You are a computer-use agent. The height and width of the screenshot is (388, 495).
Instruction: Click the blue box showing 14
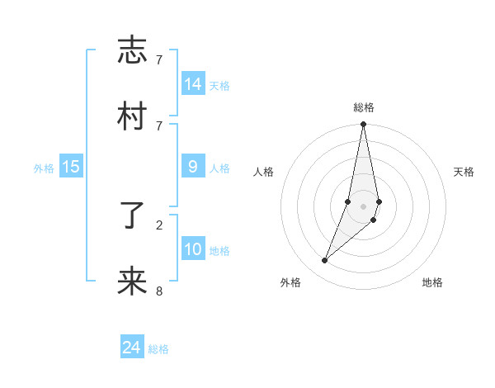pos(193,84)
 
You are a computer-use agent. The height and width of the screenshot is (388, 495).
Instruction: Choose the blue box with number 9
pos(193,167)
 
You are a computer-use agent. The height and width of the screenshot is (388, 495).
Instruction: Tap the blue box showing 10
pos(193,249)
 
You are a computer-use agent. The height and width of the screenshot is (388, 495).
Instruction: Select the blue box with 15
pos(71,167)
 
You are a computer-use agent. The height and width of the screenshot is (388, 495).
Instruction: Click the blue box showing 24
pos(132,348)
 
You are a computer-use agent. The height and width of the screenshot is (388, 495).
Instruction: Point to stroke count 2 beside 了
pos(159,224)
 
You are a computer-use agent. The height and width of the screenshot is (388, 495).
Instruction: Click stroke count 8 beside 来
pos(159,291)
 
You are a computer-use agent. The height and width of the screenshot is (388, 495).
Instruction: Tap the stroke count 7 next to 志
pos(159,59)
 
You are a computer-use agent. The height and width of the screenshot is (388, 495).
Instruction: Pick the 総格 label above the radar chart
pos(364,107)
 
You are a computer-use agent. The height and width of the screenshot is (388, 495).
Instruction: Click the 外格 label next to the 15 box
pos(44,168)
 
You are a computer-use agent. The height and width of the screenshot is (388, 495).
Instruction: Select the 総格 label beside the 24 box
pos(158,348)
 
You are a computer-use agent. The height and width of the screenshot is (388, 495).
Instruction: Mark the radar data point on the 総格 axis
pos(363,125)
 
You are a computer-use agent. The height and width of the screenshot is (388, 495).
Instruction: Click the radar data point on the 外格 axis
pos(324,261)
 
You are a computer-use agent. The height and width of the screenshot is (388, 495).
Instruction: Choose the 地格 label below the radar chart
pos(432,283)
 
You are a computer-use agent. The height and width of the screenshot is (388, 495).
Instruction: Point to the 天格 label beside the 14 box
pos(219,85)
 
